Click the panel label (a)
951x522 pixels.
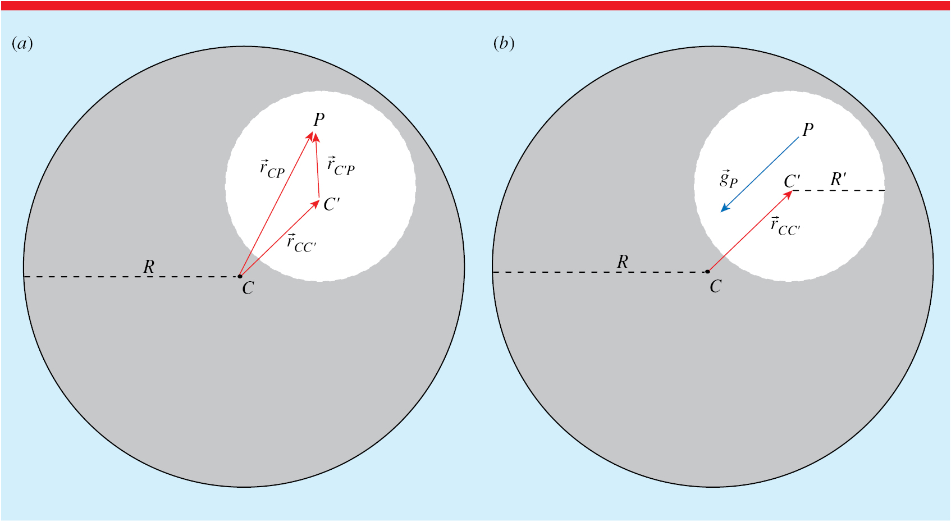point(22,44)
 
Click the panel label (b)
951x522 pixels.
point(504,44)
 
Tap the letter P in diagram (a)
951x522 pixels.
point(319,120)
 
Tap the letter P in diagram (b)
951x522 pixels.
point(808,130)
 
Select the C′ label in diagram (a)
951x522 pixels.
point(331,204)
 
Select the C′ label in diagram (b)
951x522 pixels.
point(792,181)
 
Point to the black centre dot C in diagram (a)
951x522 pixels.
point(240,276)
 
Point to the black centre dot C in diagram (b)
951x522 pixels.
point(707,272)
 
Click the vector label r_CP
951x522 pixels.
point(272,168)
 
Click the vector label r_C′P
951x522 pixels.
point(341,166)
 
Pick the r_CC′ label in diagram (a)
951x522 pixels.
point(301,243)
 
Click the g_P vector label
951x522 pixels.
point(729,178)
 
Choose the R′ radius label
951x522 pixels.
point(838,180)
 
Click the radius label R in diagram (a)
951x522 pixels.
point(149,267)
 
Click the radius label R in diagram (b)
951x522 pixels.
point(623,262)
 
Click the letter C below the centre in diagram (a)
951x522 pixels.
point(248,289)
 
